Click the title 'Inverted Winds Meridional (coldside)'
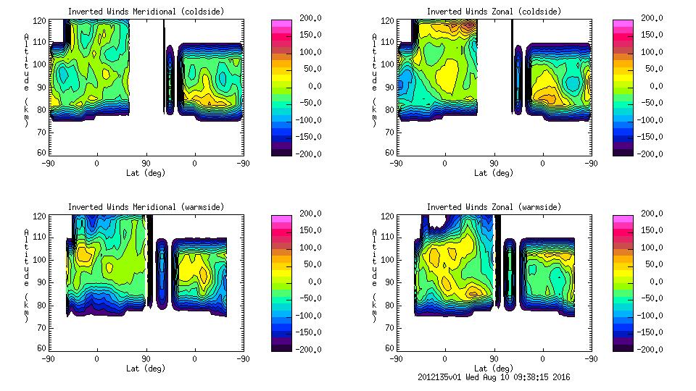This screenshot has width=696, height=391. pos(146,12)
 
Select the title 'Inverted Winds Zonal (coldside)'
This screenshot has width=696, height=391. pos(494,12)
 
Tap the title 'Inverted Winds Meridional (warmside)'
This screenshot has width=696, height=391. pos(146,207)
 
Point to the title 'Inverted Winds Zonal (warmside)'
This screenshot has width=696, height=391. pos(494,207)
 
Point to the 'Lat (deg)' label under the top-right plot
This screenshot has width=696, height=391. pos(494,172)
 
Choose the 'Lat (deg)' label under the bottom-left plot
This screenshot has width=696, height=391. pos(146,368)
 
